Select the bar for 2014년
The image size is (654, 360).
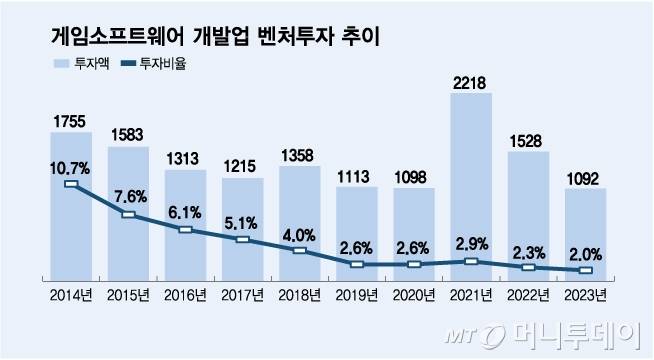point(70,200)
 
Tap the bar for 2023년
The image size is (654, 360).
point(585,230)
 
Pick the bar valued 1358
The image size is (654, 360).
point(298,220)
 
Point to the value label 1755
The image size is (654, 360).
point(70,120)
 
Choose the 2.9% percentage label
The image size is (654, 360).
point(470,243)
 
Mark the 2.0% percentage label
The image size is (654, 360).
point(585,252)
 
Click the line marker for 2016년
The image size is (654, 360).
point(184,230)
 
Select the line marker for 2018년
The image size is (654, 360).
point(298,250)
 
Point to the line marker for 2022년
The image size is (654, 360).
point(528,268)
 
